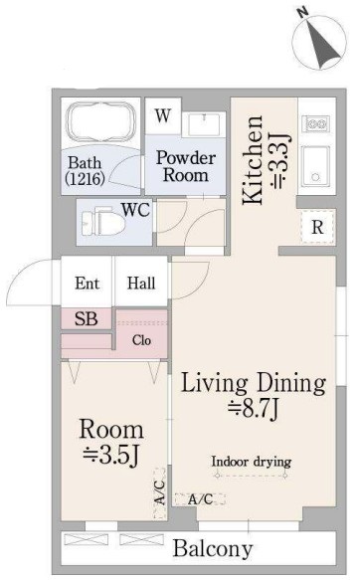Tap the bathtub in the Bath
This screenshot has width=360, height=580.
pyautogui.click(x=100, y=121)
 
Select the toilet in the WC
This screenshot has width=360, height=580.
pyautogui.click(x=102, y=222)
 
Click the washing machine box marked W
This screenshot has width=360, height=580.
pyautogui.click(x=163, y=116)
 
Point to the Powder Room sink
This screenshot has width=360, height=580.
pyautogui.click(x=204, y=124)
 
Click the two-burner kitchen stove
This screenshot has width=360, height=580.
pyautogui.click(x=315, y=124)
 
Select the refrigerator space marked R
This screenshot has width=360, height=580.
pyautogui.click(x=317, y=227)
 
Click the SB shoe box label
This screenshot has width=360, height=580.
pyautogui.click(x=87, y=319)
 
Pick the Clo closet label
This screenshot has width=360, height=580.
pyautogui.click(x=141, y=340)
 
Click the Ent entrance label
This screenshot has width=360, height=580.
pyautogui.click(x=87, y=284)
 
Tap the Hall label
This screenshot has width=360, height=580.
pyautogui.click(x=141, y=284)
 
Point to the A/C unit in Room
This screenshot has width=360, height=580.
pyautogui.click(x=159, y=493)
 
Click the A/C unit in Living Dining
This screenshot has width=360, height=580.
pyautogui.click(x=200, y=499)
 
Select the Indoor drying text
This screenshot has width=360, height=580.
pyautogui.click(x=251, y=462)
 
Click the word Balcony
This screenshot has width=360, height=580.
pyautogui.click(x=213, y=548)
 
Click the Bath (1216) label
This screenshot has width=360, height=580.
pyautogui.click(x=85, y=171)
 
